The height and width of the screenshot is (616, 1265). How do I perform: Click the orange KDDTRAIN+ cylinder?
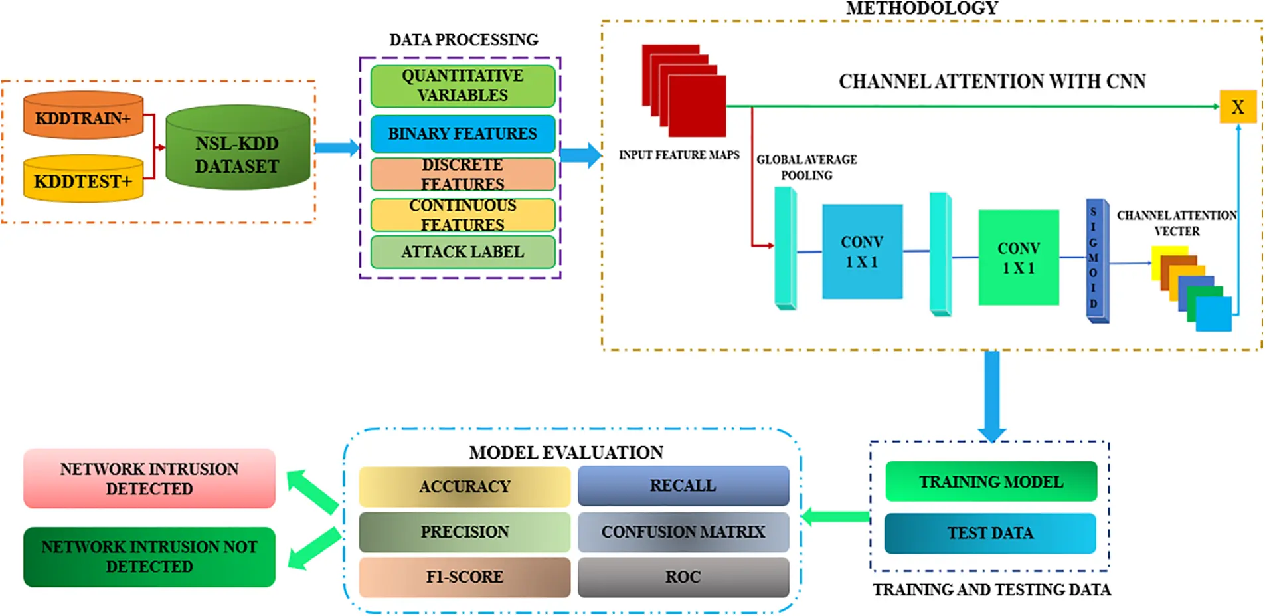point(83,116)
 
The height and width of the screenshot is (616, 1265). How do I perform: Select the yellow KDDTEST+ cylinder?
point(83,179)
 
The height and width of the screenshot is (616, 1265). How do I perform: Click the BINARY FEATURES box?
point(462,134)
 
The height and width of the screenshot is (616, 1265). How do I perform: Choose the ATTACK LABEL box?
point(462,252)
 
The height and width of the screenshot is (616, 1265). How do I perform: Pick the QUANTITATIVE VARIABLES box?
point(462,86)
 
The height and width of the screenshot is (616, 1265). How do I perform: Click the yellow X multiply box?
point(1237,107)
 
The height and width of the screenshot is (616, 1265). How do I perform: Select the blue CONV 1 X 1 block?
point(862,252)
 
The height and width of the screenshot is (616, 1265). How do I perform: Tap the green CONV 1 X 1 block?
point(1018,258)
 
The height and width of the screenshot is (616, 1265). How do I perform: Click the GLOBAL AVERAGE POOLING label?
point(806,167)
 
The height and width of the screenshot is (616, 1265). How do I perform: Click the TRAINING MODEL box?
point(990,482)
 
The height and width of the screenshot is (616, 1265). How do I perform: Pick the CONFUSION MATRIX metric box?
point(683,532)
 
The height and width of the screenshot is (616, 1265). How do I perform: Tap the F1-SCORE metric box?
point(464,577)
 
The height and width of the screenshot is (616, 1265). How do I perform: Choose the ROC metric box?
point(683,577)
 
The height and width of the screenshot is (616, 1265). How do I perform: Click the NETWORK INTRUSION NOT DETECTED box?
point(149,557)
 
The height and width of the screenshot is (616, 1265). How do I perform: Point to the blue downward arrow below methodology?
point(991,395)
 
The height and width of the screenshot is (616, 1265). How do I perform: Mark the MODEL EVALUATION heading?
point(566,453)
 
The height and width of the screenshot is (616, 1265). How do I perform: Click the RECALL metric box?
point(683,486)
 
